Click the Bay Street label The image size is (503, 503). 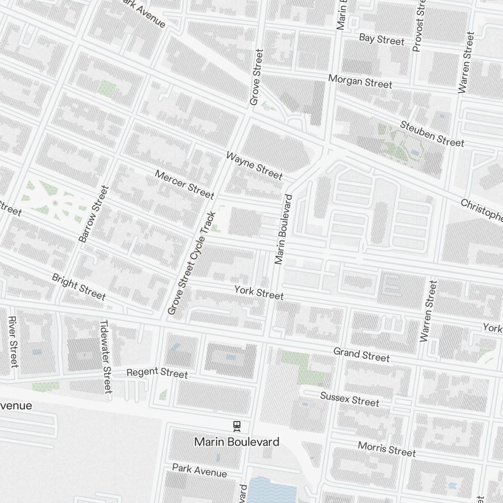(381, 39)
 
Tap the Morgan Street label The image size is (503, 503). (360, 81)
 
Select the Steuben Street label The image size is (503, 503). (432, 134)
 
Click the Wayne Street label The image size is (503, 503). (254, 165)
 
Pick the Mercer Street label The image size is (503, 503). (185, 184)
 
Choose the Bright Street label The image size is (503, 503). (79, 287)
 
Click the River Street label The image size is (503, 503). (13, 342)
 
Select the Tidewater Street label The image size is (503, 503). (105, 357)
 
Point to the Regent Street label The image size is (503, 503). (157, 373)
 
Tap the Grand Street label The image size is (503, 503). (361, 354)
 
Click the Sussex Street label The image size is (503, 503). (350, 399)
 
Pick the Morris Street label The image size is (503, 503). (387, 449)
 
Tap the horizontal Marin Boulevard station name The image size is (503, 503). (236, 442)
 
